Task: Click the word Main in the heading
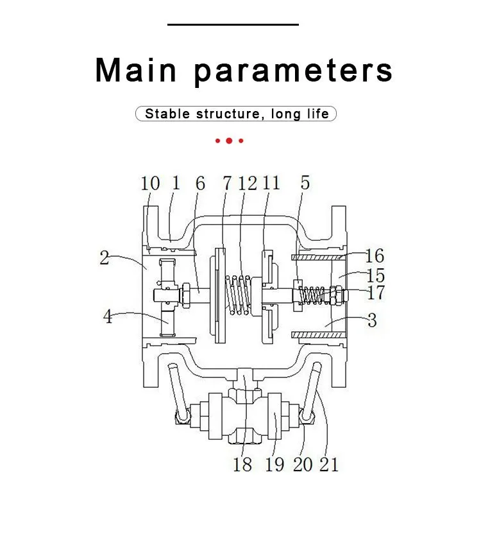(x=136, y=70)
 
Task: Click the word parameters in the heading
(x=293, y=72)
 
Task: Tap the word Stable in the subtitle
(x=167, y=114)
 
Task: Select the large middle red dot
(x=229, y=141)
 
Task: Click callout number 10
(x=150, y=183)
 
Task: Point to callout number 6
(x=200, y=183)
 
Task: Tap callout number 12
(x=248, y=183)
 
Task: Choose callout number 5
(x=305, y=182)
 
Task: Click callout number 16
(x=375, y=256)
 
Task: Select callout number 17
(x=376, y=293)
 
